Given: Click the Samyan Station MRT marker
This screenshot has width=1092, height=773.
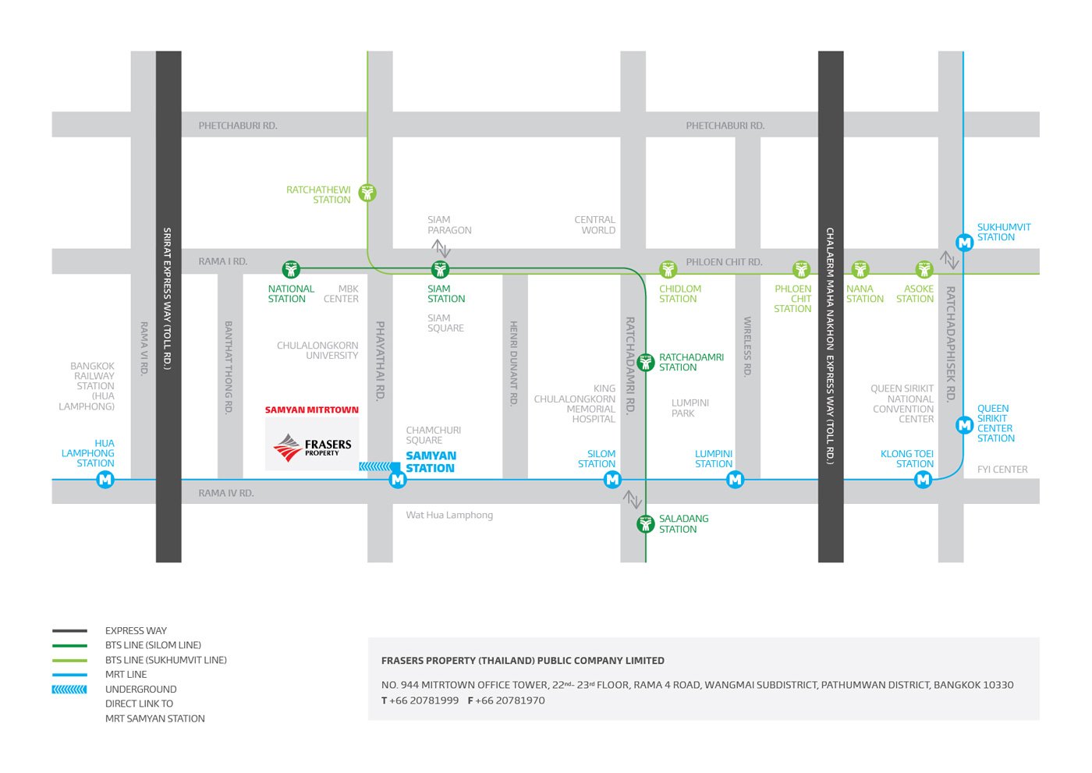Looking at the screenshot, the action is [x=398, y=480].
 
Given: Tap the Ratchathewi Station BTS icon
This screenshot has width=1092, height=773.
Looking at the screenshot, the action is [x=367, y=193].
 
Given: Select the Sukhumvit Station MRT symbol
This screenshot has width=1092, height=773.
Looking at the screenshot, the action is [x=964, y=243].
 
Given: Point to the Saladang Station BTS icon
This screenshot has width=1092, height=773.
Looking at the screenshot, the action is [x=646, y=524].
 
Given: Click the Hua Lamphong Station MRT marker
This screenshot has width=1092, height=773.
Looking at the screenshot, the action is [x=105, y=480].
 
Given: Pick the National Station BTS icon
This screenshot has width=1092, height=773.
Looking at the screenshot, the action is [x=291, y=268].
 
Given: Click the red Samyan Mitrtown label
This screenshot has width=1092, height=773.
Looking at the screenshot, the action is [x=311, y=410].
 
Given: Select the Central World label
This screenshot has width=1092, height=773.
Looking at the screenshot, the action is [x=594, y=225].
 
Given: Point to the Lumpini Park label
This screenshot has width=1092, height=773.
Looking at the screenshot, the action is [x=690, y=408].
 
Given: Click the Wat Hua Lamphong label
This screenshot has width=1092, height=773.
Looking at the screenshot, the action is [x=449, y=515].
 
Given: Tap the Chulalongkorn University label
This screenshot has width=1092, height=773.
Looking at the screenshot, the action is [x=317, y=350].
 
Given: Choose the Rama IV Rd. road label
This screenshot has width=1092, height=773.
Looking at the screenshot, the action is [x=225, y=493].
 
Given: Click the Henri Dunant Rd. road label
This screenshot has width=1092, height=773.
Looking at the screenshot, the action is [x=513, y=363].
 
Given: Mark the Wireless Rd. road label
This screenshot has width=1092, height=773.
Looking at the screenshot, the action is [x=747, y=346].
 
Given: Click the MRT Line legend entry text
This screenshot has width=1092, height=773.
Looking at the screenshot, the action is [x=126, y=675].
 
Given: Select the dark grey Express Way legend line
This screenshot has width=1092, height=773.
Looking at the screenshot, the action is [x=69, y=631].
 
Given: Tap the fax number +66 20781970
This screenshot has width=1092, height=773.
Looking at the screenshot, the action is [x=506, y=700].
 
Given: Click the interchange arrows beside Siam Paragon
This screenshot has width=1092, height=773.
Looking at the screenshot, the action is [x=441, y=248].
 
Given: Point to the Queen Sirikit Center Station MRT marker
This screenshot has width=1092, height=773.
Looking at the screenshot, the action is [x=964, y=425].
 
